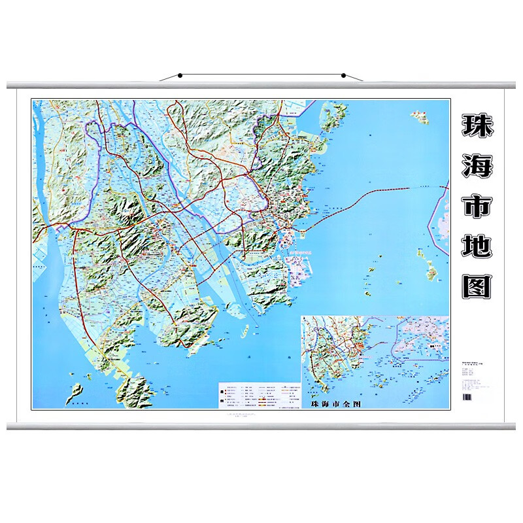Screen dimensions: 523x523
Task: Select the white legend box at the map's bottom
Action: click(260, 396)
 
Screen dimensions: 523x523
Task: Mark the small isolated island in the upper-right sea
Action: click(418, 117)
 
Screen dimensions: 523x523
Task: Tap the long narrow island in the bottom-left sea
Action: click(75, 392)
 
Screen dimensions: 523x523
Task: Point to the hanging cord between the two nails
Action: click(261, 75)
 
